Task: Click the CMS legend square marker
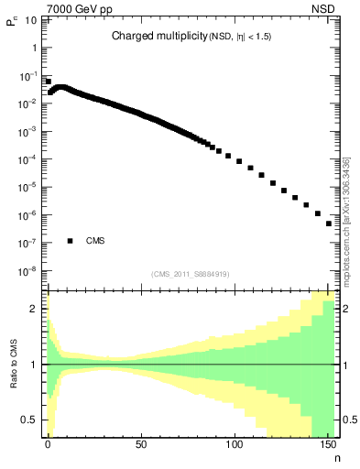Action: click(70, 242)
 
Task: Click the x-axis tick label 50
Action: click(141, 443)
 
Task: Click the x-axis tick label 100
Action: click(235, 443)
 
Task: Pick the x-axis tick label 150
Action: click(327, 443)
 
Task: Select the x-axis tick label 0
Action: click(48, 443)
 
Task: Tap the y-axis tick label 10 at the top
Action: click(31, 19)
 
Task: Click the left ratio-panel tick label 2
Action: click(36, 309)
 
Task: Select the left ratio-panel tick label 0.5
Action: click(31, 420)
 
